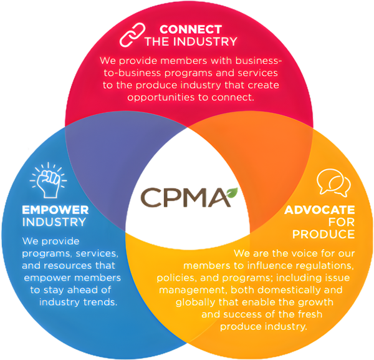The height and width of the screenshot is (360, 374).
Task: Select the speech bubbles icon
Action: pyautogui.click(x=330, y=183)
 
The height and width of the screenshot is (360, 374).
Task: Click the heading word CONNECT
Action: pyautogui.click(x=190, y=29)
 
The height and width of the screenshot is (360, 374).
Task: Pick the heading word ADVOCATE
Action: pyautogui.click(x=320, y=210)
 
